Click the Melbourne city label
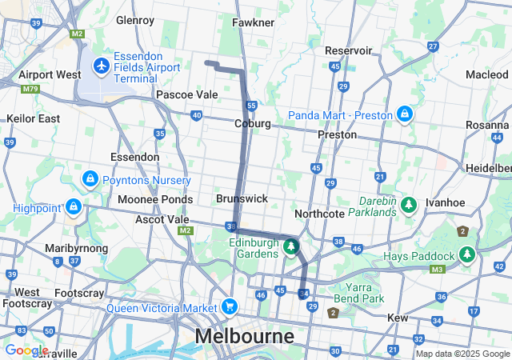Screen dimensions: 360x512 pos(246,336)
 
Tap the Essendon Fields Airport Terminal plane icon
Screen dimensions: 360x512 pos(102,63)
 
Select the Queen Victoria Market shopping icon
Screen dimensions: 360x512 pos(230,306)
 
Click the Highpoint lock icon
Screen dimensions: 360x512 pos(74,207)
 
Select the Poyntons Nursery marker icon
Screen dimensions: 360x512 pos(90,177)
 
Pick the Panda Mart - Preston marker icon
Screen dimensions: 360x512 pos(406,114)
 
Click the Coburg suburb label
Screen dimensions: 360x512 pos(253,124)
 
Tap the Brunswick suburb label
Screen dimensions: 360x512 pos(242,198)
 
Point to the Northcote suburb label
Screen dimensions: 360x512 pos(319,214)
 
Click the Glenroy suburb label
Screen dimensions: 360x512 pos(135,20)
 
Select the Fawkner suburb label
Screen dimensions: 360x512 pos(254,22)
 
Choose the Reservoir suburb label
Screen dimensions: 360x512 pos(349,50)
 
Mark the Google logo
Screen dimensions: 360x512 pos(26,350)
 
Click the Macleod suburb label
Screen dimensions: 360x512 pos(486,74)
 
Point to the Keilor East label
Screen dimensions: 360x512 pos(33,118)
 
